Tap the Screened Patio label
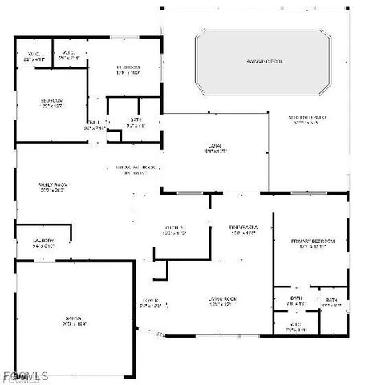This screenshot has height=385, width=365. [x=307, y=117]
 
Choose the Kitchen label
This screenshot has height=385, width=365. [x=175, y=228]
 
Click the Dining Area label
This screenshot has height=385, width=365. [x=241, y=228]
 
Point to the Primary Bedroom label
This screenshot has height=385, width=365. [x=313, y=241]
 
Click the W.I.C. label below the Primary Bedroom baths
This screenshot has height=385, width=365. [x=295, y=324]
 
